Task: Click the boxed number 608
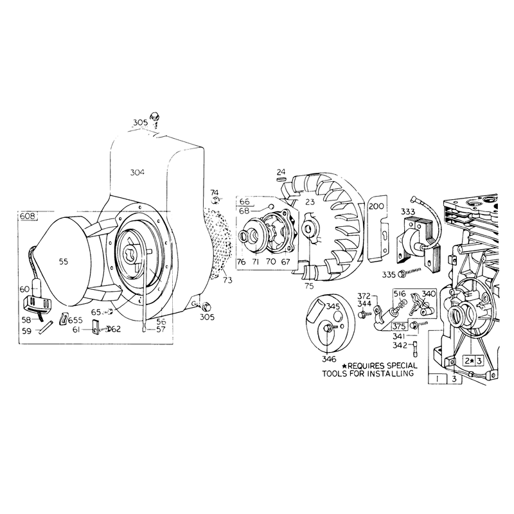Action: click(28, 217)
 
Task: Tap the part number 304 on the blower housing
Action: click(137, 172)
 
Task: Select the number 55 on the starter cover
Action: click(64, 261)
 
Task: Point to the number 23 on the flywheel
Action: click(310, 202)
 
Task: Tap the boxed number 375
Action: click(399, 326)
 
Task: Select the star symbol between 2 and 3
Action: click(472, 361)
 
